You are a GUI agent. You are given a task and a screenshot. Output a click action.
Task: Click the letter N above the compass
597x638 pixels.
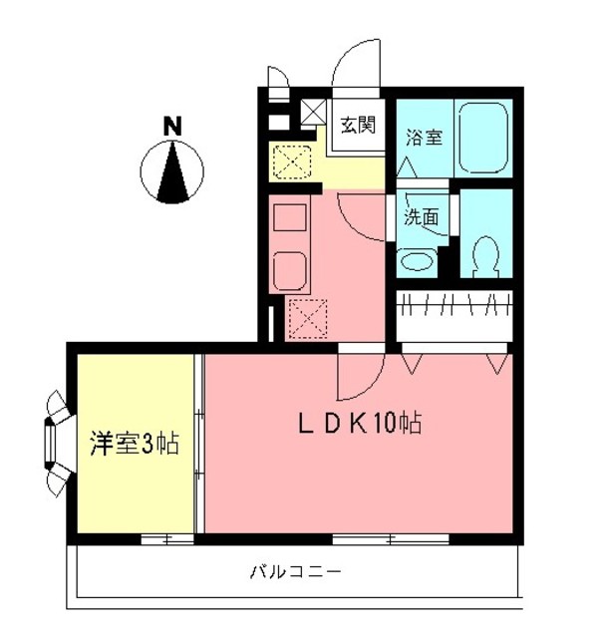[x=173, y=127]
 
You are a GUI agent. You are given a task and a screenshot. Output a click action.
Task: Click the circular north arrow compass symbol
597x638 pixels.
[x=173, y=170]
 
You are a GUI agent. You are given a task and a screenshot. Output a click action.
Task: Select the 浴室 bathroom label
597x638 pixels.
[x=424, y=139]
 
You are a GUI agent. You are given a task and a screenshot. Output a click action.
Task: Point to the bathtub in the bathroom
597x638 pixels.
[x=485, y=140]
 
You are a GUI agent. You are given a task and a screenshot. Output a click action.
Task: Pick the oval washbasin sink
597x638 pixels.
[x=417, y=263]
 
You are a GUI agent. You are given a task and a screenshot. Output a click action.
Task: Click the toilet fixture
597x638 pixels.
[x=486, y=255]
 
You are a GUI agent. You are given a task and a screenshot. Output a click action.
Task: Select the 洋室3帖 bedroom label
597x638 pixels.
[x=135, y=444]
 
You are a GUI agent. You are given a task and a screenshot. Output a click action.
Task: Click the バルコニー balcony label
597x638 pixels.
[x=295, y=572]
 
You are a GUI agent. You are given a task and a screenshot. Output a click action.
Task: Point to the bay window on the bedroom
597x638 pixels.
[x=56, y=442]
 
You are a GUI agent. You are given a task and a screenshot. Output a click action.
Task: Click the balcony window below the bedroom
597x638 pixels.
[x=166, y=539]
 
